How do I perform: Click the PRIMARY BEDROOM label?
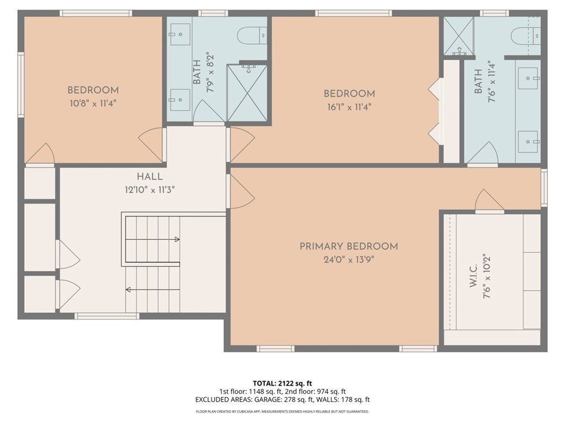pos(349,246)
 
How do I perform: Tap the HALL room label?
pos(150,177)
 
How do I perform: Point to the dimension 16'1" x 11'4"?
pos(349,107)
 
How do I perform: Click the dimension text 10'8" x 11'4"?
pos(93,103)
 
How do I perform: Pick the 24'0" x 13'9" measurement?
pos(349,259)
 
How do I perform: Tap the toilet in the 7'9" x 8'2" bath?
pos(251,36)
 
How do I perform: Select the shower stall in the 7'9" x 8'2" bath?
pos(247,93)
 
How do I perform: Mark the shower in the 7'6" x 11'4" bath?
pos(459,36)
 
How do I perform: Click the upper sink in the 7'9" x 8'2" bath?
pos(179,34)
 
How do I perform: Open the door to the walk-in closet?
pos(489,201)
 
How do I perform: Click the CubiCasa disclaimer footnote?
pos(282,411)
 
